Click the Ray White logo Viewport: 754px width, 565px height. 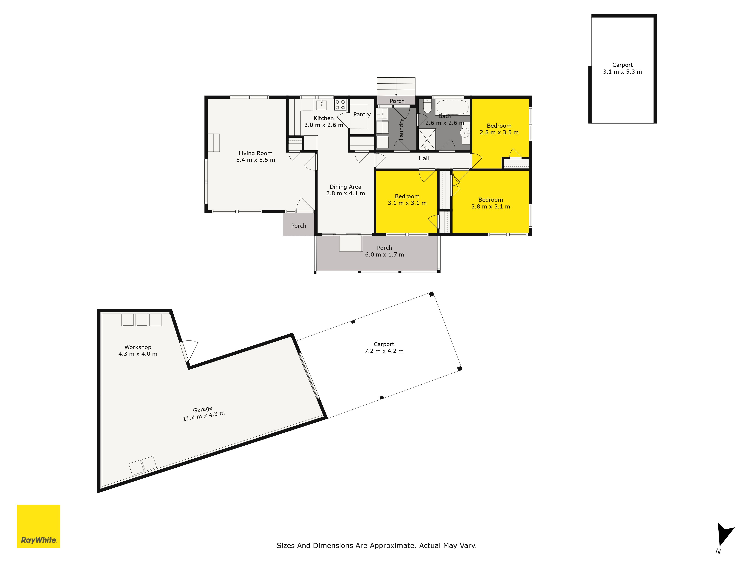point(38,526)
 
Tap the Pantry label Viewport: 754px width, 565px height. point(362,115)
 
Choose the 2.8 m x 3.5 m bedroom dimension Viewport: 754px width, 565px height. point(499,132)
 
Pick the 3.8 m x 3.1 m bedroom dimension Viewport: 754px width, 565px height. point(490,206)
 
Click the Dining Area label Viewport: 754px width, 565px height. point(345,187)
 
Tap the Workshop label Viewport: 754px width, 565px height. point(138,347)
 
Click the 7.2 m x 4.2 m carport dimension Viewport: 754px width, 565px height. point(384,351)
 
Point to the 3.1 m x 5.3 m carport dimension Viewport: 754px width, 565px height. point(622,72)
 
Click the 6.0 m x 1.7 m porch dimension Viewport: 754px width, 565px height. point(385,254)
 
